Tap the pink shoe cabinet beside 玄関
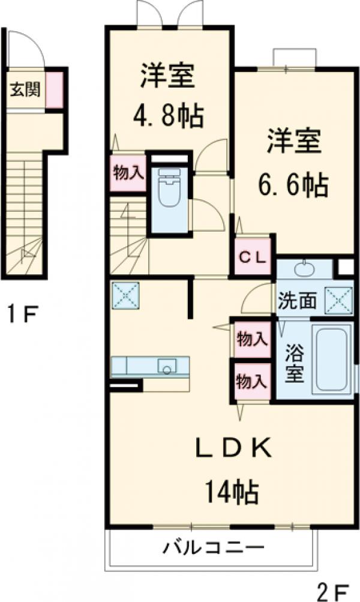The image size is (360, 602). coord(55,90)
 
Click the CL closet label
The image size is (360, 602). coord(253,257)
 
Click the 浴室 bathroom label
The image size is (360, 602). coord(294,363)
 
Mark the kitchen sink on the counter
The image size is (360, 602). coord(165,365)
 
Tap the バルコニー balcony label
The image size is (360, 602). coord(214,548)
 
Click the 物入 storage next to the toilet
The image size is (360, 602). coord(128,173)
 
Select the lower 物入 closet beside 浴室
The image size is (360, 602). coord(251,381)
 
